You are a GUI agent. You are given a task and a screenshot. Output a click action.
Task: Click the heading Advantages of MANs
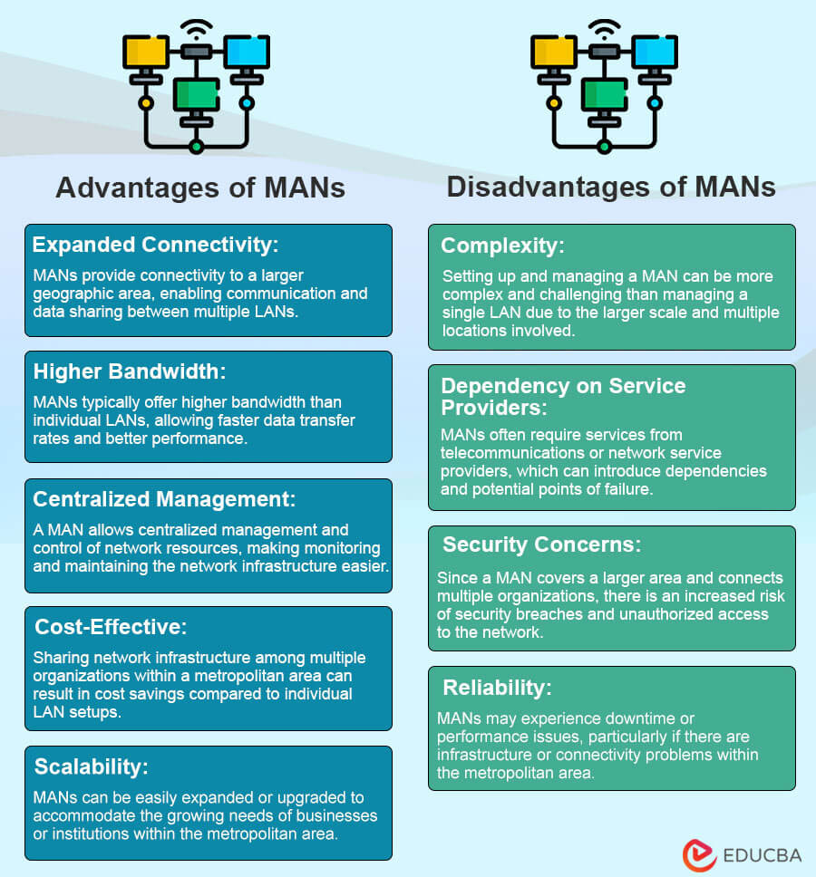[200, 188]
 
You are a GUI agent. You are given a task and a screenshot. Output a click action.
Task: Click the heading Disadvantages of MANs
[611, 188]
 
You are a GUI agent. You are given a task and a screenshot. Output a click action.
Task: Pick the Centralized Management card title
[165, 499]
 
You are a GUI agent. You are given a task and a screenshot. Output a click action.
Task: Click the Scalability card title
[91, 766]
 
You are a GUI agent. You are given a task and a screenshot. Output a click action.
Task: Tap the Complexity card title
[502, 246]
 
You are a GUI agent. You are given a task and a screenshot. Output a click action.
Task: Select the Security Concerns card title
[541, 545]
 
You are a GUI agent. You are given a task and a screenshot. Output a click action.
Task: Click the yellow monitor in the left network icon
[145, 51]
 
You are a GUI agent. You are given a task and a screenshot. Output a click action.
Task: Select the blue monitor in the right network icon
[654, 51]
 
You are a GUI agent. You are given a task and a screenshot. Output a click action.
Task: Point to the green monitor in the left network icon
[196, 93]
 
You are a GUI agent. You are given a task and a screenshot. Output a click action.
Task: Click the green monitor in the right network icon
[604, 93]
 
